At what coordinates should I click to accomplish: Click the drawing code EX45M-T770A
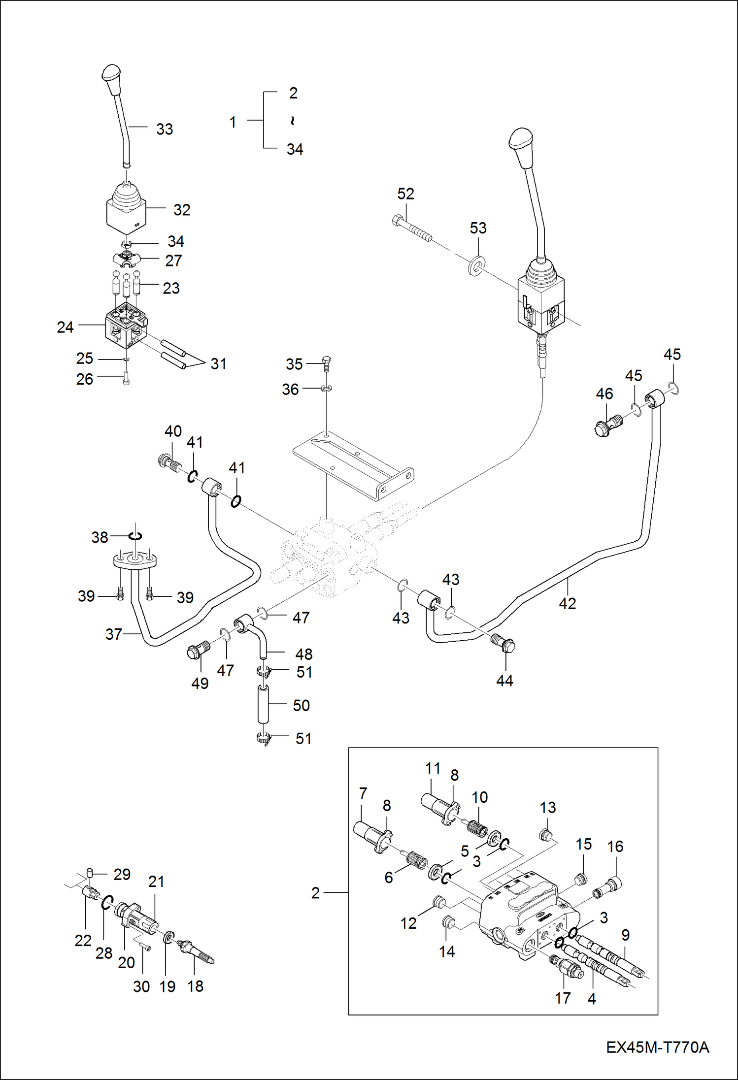(x=657, y=1047)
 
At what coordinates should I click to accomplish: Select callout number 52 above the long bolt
(x=405, y=194)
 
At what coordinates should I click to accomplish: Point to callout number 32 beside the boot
(x=182, y=210)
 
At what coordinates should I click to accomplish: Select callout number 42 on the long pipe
(x=567, y=603)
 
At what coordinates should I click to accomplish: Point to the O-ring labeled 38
(x=135, y=535)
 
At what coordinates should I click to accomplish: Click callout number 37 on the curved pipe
(x=113, y=634)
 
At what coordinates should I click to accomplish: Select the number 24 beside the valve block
(x=65, y=327)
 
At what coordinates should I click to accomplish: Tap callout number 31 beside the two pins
(x=218, y=364)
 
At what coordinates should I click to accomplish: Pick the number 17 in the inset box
(x=562, y=998)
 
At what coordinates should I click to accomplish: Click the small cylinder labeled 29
(x=90, y=873)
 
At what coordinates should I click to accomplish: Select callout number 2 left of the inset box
(x=315, y=893)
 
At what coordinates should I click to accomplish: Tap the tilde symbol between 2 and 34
(x=293, y=121)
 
